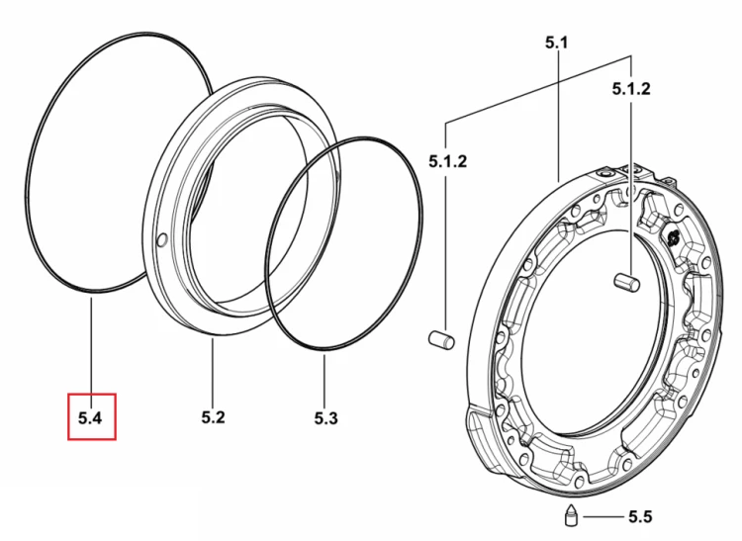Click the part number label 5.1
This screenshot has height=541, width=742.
(556, 44)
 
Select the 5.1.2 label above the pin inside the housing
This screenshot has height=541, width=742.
(631, 88)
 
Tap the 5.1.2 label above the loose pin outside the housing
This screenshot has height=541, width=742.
(447, 161)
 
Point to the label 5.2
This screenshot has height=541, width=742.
(213, 417)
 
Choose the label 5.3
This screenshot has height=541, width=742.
(326, 418)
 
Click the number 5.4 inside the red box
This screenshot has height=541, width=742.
(90, 417)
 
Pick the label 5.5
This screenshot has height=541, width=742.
(640, 517)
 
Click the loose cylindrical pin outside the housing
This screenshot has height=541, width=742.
(441, 340)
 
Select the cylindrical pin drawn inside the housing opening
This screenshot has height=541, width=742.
(627, 282)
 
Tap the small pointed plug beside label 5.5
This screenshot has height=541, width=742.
(572, 515)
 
